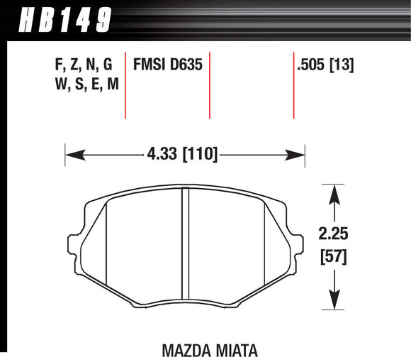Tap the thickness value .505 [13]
coord(326,66)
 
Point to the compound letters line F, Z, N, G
coord(83,66)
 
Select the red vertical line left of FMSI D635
coord(125,85)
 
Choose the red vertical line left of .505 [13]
coord(293,85)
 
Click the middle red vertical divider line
coord(210,85)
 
